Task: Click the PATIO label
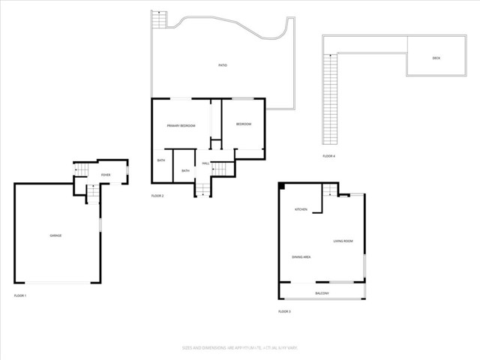coord(223,66)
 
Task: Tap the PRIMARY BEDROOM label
coord(181,126)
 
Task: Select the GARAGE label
coord(55,235)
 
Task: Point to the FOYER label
coord(106,175)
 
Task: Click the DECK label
coord(436,58)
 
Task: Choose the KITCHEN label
coord(301,209)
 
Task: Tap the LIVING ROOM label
coord(343,241)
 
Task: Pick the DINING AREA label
coord(301,257)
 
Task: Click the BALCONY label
coord(322,292)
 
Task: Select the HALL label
coord(205,163)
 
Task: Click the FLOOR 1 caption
coord(20,296)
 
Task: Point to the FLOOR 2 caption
coord(157,196)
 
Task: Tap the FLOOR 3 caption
coord(284,311)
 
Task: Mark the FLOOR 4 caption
coord(328,156)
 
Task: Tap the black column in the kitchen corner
coord(282,186)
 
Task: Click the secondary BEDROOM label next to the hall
coord(243,124)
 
